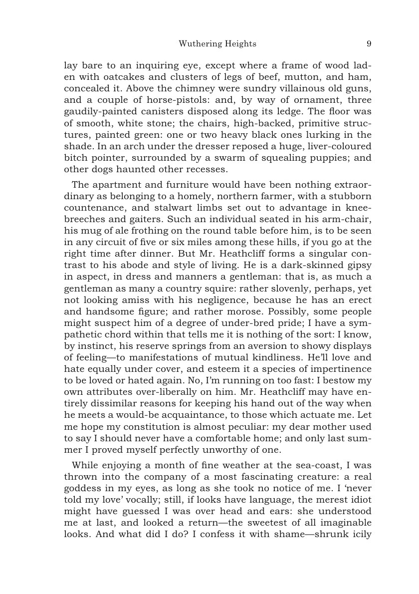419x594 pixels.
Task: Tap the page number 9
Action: point(369,44)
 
